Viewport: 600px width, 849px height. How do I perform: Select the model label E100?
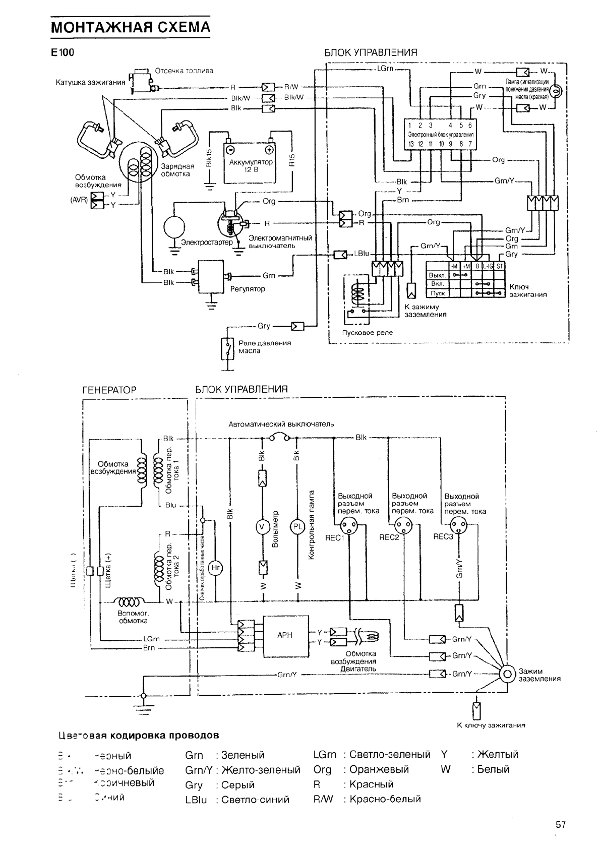coord(62,52)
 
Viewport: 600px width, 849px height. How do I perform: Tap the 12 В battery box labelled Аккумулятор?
coord(251,164)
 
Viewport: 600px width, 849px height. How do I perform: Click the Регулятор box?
coord(212,276)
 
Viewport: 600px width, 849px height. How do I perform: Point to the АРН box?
coord(285,636)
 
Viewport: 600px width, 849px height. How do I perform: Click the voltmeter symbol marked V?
coord(262,527)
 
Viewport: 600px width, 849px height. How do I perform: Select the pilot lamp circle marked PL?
coord(297,527)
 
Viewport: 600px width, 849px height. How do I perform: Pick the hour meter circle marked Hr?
coord(215,568)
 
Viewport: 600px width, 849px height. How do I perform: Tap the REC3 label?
coord(443,537)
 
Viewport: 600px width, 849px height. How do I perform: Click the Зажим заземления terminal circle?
coord(506,675)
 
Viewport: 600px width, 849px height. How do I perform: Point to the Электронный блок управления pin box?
coord(440,135)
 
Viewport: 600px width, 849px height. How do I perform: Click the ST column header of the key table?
coord(500,266)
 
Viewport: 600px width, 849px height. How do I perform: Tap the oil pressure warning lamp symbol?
coord(556,91)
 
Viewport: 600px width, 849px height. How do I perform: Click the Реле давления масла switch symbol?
coord(228,347)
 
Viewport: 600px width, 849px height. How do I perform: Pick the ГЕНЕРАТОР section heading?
coord(109,390)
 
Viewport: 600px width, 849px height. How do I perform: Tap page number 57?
coord(561,825)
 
